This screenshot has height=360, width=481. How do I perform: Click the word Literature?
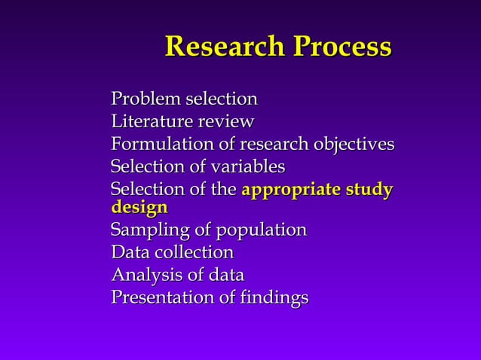[150, 122]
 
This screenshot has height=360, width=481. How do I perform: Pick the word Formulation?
[159, 144]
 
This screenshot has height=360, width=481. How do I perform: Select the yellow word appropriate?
[295, 190]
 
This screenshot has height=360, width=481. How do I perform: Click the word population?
[261, 230]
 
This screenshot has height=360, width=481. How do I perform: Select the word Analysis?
[143, 275]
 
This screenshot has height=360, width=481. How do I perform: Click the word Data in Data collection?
[128, 252]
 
